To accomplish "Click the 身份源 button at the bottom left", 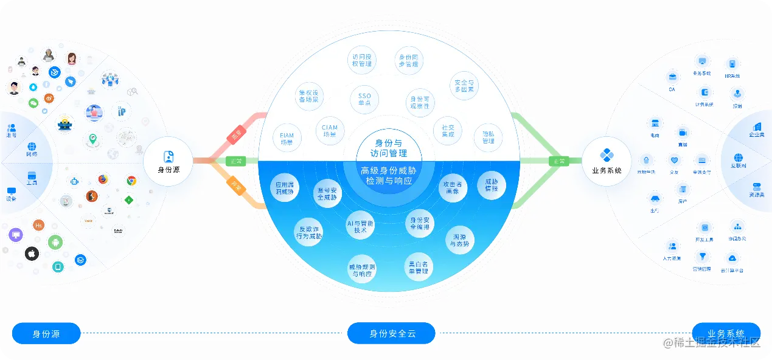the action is (46, 333).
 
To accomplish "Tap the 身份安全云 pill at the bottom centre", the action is (391, 333).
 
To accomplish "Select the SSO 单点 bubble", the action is (364, 100).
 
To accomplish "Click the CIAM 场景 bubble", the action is (330, 131).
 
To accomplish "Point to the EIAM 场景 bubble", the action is (287, 139).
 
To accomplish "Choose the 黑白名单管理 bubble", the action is (418, 267).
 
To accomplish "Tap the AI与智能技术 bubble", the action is (360, 227).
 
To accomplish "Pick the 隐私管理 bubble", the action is (488, 137).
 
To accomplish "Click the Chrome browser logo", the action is (131, 181).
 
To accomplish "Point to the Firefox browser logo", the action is (103, 179).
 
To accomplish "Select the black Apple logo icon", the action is (32, 254).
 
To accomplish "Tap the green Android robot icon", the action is (55, 242).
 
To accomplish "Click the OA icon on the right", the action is (672, 77).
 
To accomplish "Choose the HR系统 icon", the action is (732, 64).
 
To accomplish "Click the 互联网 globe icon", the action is (739, 158).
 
